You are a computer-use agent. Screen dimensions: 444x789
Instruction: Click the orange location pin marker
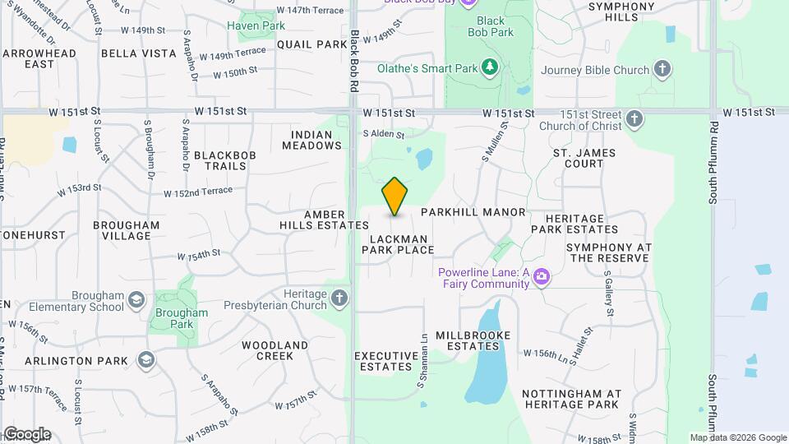tap(395, 196)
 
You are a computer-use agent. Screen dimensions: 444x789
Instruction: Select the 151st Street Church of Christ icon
tap(634, 120)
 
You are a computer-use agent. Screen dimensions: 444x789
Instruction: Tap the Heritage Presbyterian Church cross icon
tap(340, 297)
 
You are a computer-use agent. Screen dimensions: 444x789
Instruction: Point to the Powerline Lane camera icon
tap(541, 277)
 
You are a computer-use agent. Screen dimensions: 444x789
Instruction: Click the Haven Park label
tap(256, 25)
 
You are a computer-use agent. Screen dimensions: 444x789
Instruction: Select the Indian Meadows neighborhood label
tap(311, 140)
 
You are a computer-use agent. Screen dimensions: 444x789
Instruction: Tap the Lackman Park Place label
tap(401, 244)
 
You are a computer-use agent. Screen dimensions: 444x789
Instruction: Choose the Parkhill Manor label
tap(473, 212)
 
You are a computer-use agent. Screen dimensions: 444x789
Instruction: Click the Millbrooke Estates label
tap(473, 341)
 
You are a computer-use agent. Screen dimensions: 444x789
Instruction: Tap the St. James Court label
tap(584, 158)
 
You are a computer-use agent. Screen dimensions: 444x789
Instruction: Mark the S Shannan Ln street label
tap(422, 361)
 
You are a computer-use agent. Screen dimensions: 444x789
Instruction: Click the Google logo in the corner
tap(27, 434)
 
